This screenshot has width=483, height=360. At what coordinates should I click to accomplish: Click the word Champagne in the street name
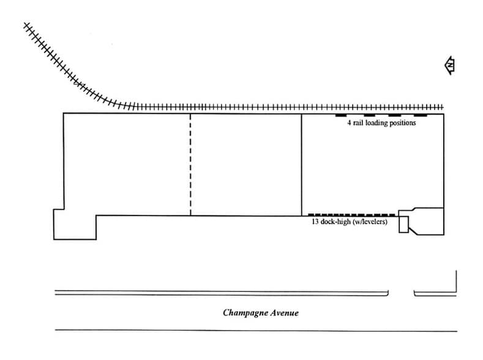[x=243, y=313]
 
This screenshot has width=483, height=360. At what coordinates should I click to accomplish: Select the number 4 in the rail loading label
[x=348, y=123]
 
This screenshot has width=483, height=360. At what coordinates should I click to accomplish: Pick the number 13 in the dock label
[x=315, y=222]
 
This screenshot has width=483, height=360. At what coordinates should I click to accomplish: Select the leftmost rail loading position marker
[x=341, y=115]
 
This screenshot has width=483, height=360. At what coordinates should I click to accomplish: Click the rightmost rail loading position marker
[x=421, y=115]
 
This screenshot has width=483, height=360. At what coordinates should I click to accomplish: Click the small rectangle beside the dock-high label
[x=403, y=225]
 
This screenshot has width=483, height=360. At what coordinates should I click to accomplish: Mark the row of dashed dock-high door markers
[x=352, y=214]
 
